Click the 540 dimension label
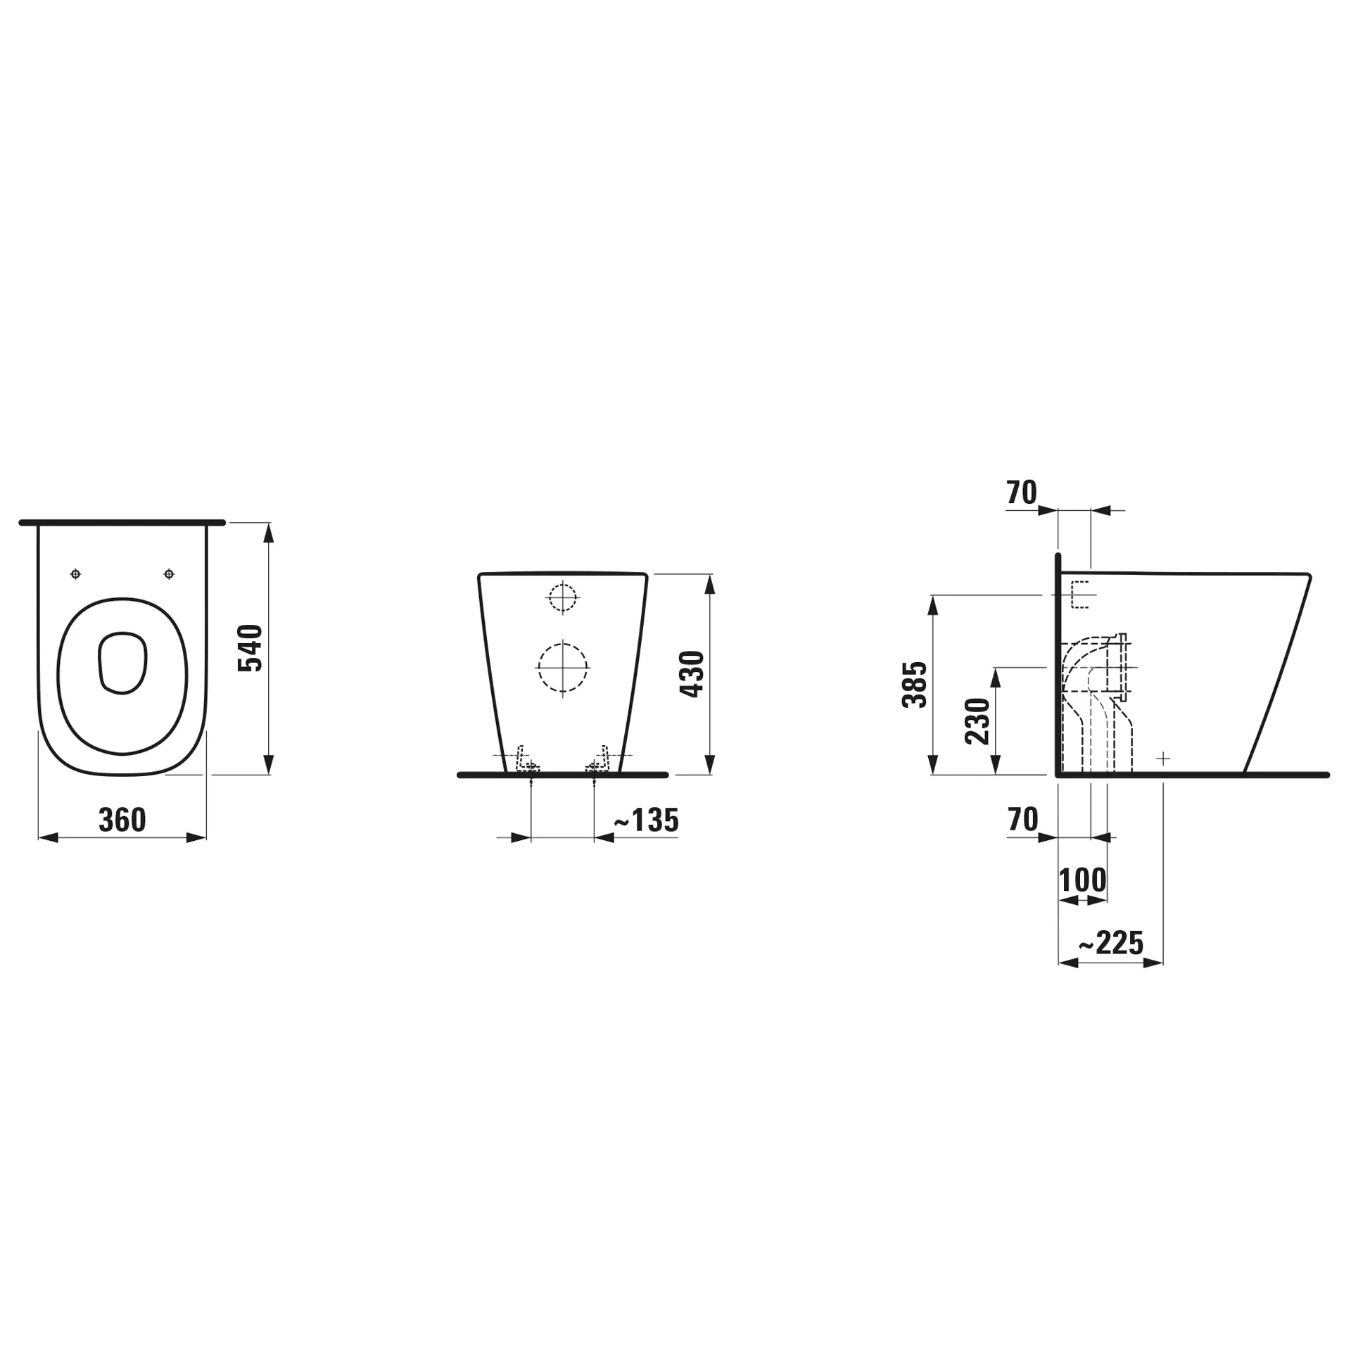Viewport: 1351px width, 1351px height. pyautogui.click(x=250, y=648)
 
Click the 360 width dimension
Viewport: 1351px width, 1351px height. pyautogui.click(x=122, y=820)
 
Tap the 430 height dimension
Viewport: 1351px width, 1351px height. pyautogui.click(x=692, y=673)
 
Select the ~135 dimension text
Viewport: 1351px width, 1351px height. pyautogui.click(x=646, y=820)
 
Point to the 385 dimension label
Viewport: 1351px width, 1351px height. pyautogui.click(x=915, y=684)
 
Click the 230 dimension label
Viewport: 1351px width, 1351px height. pyautogui.click(x=978, y=721)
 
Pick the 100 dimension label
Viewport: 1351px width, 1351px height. pyautogui.click(x=1082, y=880)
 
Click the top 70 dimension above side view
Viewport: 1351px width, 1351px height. pyautogui.click(x=1022, y=493)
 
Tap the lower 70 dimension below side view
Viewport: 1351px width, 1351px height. pyautogui.click(x=1022, y=819)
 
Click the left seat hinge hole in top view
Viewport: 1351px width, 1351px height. pyautogui.click(x=76, y=574)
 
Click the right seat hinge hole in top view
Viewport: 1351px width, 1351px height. pyautogui.click(x=169, y=574)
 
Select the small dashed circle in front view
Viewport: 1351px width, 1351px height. pyautogui.click(x=562, y=598)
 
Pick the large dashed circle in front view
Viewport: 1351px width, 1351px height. pyautogui.click(x=562, y=667)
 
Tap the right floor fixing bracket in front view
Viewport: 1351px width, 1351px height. pyautogui.click(x=598, y=760)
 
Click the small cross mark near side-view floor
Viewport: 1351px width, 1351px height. pyautogui.click(x=1163, y=759)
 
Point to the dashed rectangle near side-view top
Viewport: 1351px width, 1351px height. pyautogui.click(x=1079, y=595)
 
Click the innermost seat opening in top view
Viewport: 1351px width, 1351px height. pyautogui.click(x=122, y=662)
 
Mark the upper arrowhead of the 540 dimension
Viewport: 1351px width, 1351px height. pyautogui.click(x=267, y=533)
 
